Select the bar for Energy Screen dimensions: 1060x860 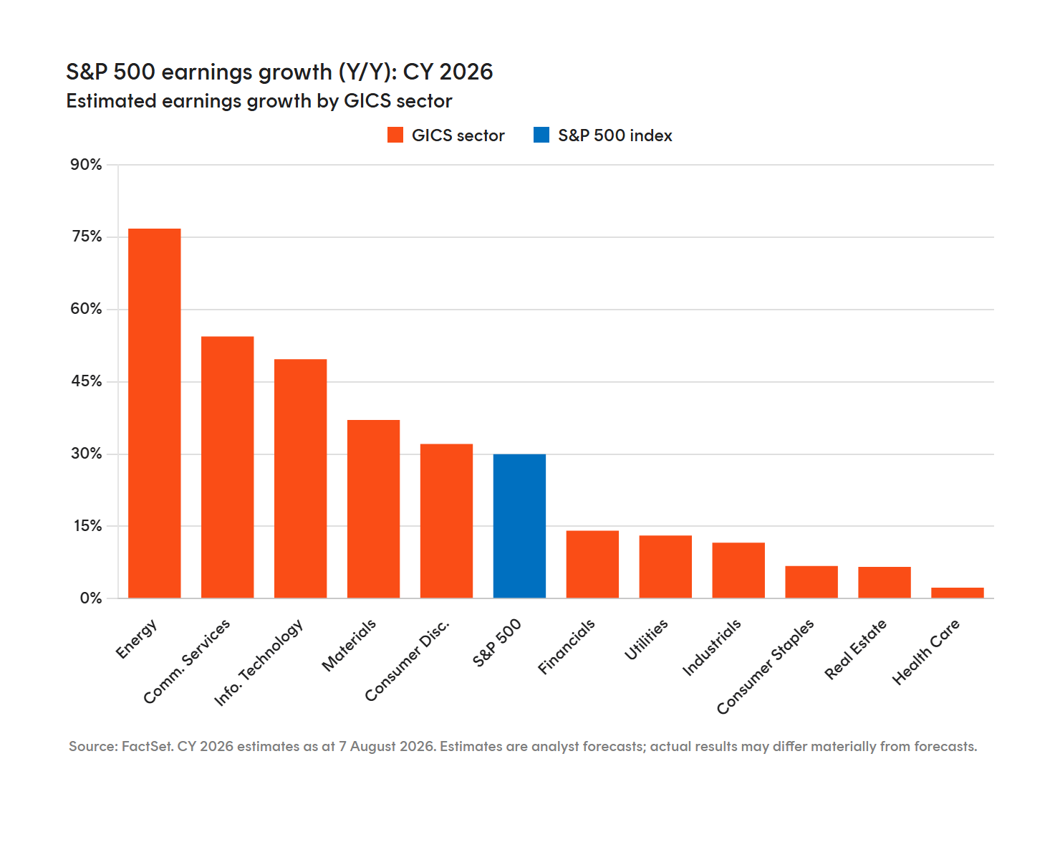tap(154, 413)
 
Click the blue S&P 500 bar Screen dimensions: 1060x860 tap(519, 525)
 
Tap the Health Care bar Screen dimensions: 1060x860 tap(957, 593)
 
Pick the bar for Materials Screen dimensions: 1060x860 tap(373, 508)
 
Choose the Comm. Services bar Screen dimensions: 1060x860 tap(228, 467)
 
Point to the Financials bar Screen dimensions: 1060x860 tap(592, 564)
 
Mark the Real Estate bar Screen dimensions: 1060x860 tap(885, 582)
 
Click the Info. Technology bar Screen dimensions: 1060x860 tap(301, 478)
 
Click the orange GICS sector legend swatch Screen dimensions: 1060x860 tap(395, 135)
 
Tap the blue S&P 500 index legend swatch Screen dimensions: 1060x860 tap(541, 135)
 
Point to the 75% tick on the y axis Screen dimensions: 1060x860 tap(87, 236)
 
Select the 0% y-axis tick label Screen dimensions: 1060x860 tap(90, 598)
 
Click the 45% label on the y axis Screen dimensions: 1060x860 tap(87, 381)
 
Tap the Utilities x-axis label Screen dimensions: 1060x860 tap(645, 639)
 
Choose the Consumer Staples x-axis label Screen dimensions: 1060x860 tap(765, 666)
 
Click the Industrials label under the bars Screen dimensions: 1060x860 tap(711, 647)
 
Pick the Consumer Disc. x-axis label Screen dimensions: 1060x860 tap(407, 660)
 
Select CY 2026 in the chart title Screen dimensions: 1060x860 tap(448, 72)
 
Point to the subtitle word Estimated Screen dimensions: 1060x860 tap(112, 100)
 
